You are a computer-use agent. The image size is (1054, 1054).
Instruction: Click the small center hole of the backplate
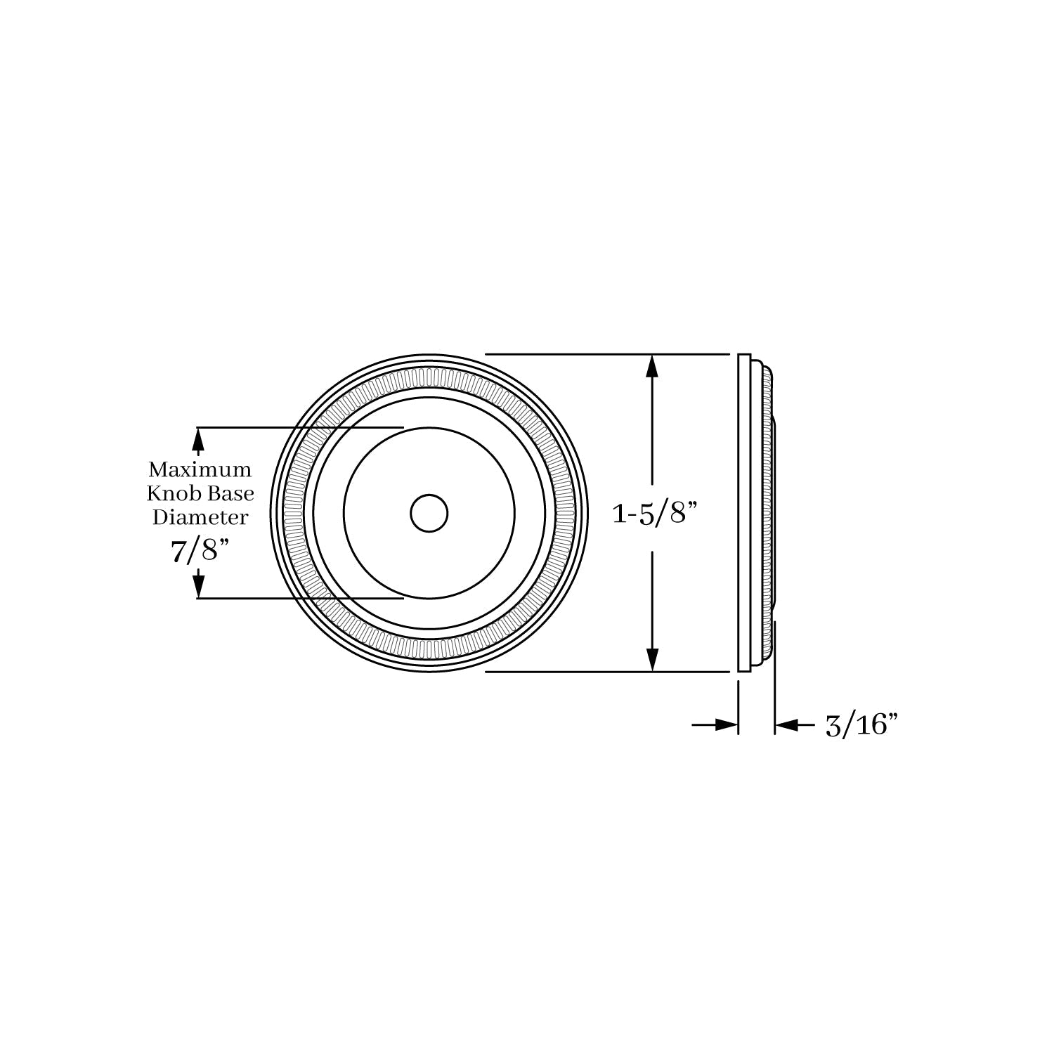(429, 513)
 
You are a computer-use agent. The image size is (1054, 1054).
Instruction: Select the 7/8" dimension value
(200, 550)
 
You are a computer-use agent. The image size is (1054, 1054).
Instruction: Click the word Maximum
(200, 469)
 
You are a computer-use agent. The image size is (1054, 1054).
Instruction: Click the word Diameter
(200, 518)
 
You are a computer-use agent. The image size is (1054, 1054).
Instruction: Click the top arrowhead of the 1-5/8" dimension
(653, 367)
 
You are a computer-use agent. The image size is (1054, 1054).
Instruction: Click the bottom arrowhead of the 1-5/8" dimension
(653, 658)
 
